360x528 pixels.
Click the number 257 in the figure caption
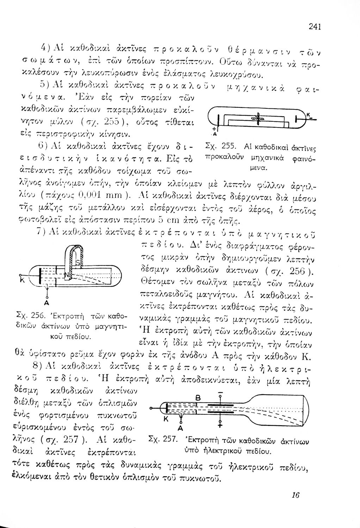click(169, 440)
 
